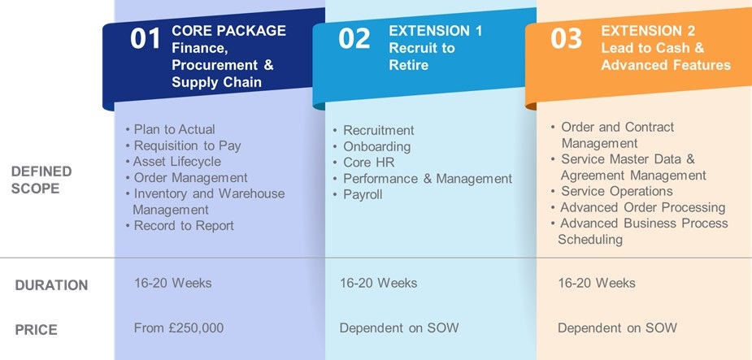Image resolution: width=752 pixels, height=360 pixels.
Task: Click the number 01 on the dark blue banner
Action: [145, 39]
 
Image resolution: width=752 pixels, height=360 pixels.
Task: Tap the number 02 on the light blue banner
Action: [354, 39]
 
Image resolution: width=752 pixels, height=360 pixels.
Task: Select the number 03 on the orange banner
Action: [566, 39]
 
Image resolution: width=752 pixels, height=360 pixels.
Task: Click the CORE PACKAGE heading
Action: [228, 31]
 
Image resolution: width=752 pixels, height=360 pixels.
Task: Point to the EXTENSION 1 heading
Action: [436, 31]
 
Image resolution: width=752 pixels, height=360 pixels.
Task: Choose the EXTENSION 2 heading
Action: [648, 31]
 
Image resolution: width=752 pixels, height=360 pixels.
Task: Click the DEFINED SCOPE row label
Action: [41, 180]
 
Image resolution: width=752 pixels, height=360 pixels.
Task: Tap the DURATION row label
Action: [51, 285]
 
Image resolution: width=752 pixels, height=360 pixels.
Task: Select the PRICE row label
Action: [36, 330]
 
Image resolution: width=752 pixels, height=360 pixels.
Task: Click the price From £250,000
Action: [179, 327]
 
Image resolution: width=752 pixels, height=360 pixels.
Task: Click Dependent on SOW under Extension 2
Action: [617, 327]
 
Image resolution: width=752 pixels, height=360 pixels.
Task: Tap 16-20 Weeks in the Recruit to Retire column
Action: [378, 283]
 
